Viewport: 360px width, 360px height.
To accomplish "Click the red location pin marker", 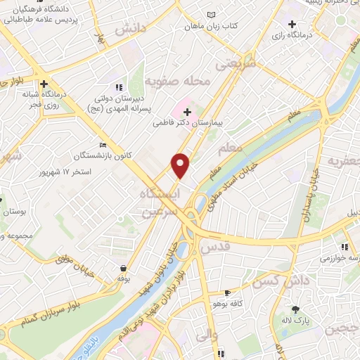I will (181, 165).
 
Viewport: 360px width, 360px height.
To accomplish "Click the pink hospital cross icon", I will (188, 111).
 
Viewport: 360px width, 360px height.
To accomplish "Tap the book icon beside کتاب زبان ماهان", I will (212, 15).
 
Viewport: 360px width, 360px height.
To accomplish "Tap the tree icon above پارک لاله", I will (296, 309).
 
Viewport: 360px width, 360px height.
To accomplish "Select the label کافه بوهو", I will (227, 304).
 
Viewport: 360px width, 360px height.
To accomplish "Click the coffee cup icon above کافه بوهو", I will (227, 292).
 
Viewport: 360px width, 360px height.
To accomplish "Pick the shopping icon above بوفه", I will (124, 268).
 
